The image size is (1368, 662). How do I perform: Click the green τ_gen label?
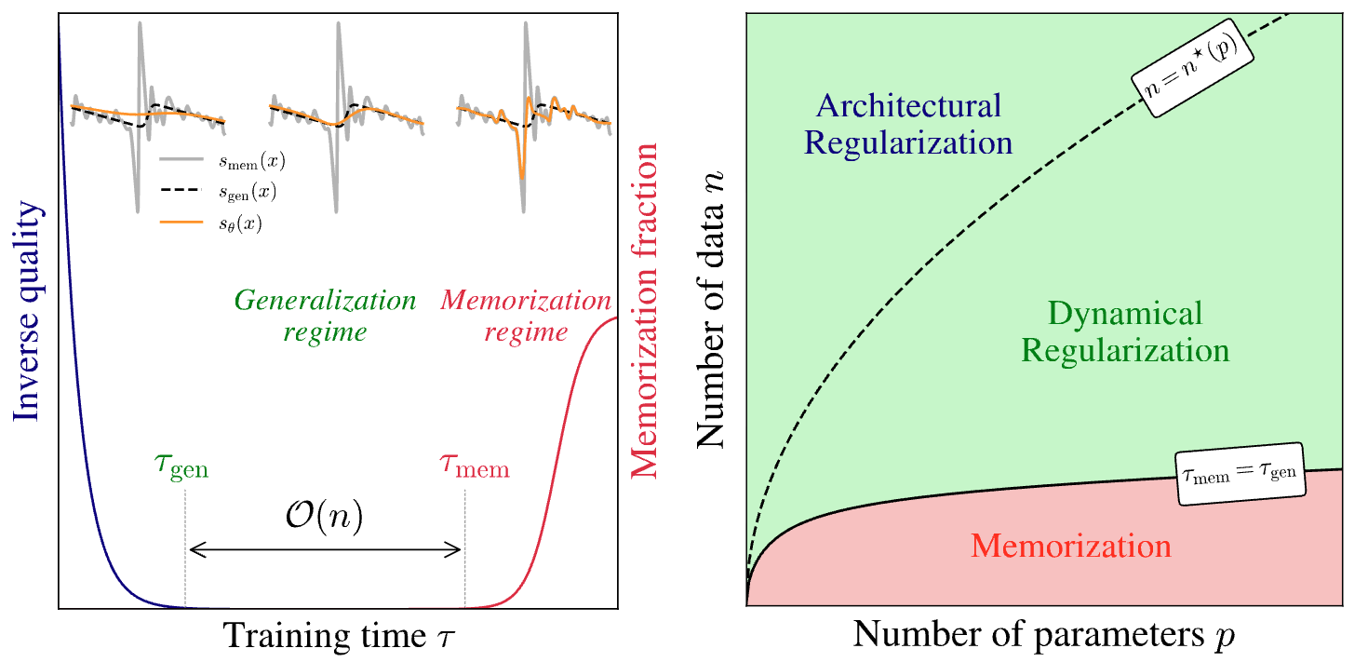point(182,466)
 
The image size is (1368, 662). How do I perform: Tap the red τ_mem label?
point(475,466)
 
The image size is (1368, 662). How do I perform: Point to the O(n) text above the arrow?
point(324,517)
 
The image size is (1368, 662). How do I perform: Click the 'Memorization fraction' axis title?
point(645,311)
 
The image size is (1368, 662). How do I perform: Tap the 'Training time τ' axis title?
point(339,635)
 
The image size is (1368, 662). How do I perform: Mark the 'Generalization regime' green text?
point(325,317)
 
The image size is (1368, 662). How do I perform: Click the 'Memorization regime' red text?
point(526,317)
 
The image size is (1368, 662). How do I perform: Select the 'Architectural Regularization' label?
point(908,124)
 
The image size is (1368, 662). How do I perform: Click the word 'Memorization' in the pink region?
point(1070,545)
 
